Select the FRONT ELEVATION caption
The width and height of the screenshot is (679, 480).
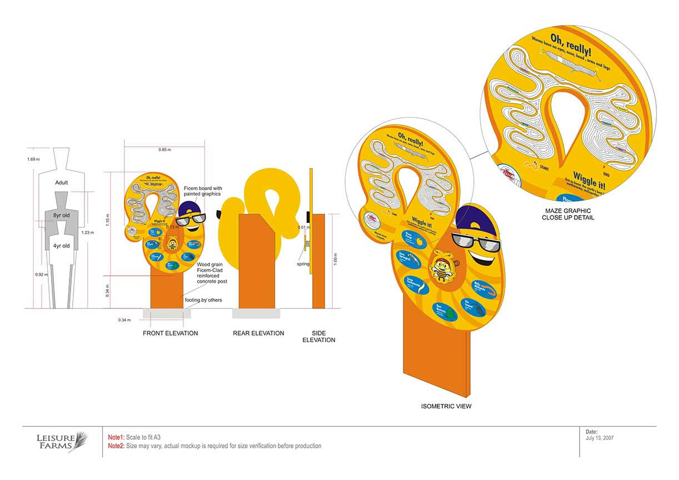170,333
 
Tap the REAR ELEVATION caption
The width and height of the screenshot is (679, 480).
258,333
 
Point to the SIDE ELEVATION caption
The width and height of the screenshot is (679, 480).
318,337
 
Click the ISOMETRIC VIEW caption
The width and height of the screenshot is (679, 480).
446,407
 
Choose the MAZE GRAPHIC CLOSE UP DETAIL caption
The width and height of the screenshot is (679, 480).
568,214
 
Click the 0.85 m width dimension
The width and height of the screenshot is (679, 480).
164,150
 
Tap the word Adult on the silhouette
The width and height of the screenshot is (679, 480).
62,183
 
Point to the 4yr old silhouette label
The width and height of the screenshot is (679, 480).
61,246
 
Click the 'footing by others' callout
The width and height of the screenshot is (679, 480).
203,301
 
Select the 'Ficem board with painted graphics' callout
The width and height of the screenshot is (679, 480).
203,191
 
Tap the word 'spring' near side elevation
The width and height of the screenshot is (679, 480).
303,264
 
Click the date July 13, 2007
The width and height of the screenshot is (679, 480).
600,438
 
